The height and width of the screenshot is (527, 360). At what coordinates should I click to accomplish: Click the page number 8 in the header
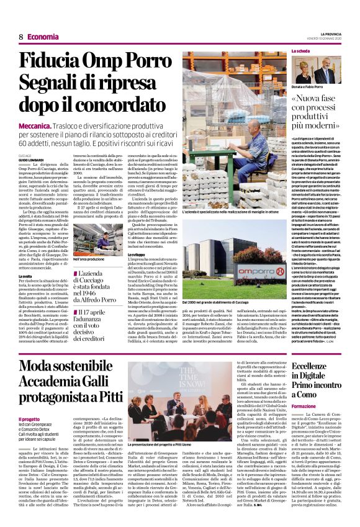pyautogui.click(x=20, y=37)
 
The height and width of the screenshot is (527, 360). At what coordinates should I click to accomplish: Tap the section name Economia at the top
pyautogui.click(x=43, y=37)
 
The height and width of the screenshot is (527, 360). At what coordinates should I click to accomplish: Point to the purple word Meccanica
pyautogui.click(x=39, y=125)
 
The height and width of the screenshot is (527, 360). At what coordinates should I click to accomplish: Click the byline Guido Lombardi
pyautogui.click(x=32, y=160)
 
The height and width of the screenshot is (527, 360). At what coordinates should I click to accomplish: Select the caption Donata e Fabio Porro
pyautogui.click(x=308, y=86)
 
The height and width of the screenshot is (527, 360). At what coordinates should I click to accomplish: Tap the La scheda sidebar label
pyautogui.click(x=300, y=50)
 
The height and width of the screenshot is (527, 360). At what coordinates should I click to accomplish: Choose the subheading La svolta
pyautogui.click(x=25, y=276)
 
